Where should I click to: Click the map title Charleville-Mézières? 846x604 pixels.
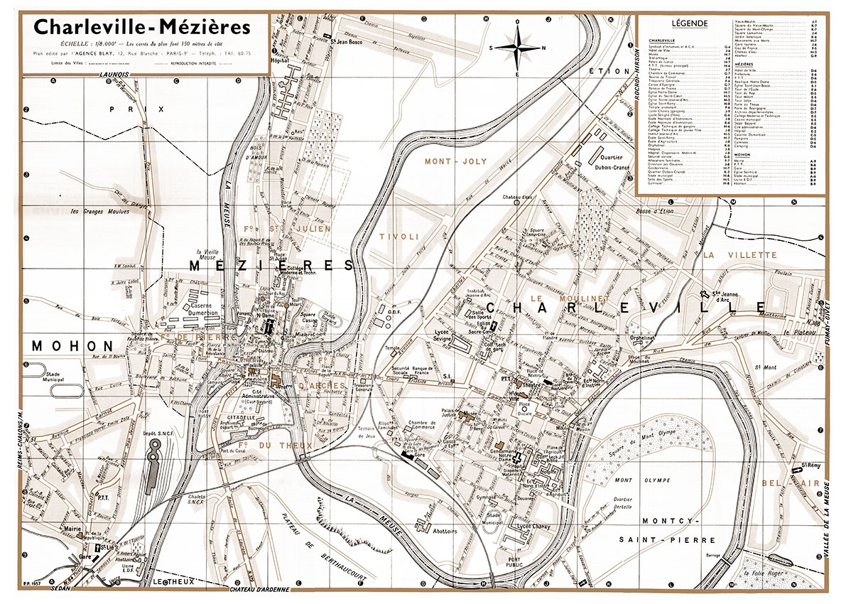pyautogui.click(x=142, y=28)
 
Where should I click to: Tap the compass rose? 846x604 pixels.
pyautogui.click(x=518, y=48)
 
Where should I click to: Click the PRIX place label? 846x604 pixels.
pyautogui.click(x=151, y=109)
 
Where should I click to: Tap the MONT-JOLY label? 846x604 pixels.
pyautogui.click(x=455, y=161)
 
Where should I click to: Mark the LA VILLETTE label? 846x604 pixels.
pyautogui.click(x=741, y=254)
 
